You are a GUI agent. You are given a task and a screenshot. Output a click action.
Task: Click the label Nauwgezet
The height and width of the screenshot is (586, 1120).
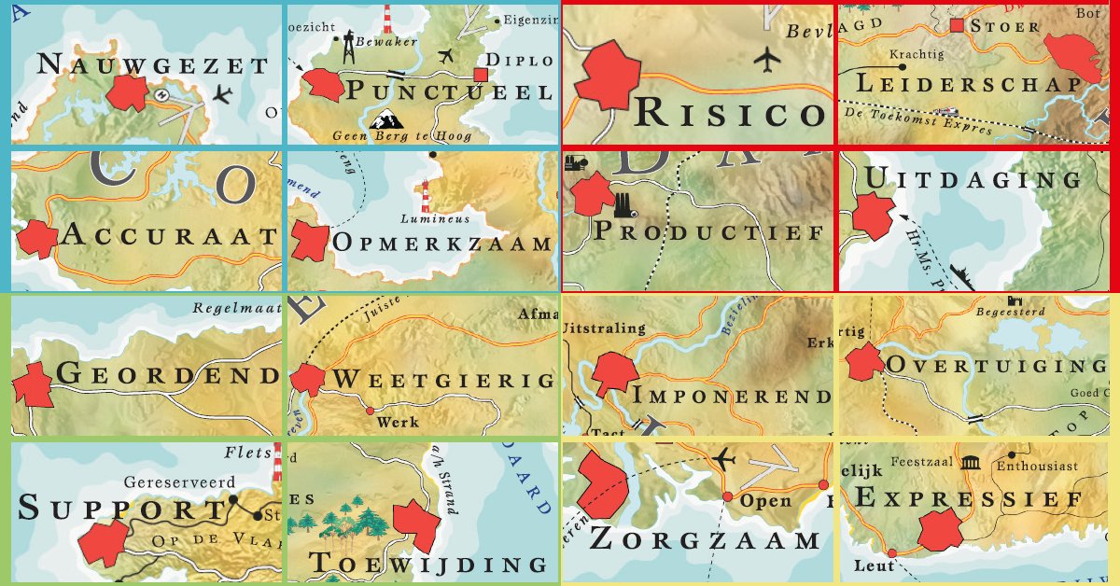point(152,64)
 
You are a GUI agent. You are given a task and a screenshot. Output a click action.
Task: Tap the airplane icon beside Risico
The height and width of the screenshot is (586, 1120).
point(767,59)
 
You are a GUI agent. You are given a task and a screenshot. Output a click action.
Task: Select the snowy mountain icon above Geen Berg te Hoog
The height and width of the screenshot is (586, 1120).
point(384,119)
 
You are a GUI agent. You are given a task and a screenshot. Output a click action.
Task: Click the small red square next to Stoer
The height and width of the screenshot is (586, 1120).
point(957,25)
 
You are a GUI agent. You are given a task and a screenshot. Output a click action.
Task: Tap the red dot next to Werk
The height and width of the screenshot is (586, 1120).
point(370,411)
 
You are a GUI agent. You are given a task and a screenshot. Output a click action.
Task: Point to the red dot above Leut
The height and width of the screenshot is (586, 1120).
point(891,553)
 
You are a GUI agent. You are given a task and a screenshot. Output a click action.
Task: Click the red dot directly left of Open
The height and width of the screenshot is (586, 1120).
point(727,496)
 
